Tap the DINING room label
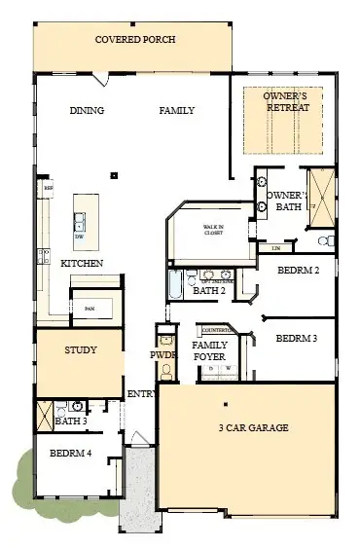87,111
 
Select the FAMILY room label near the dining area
177,111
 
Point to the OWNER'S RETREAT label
289,101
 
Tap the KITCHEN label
83,264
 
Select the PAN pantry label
90,309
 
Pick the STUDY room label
80,349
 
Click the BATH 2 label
209,290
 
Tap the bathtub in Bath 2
175,286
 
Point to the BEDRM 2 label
298,270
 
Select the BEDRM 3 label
296,339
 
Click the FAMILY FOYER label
211,350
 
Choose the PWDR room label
163,355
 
